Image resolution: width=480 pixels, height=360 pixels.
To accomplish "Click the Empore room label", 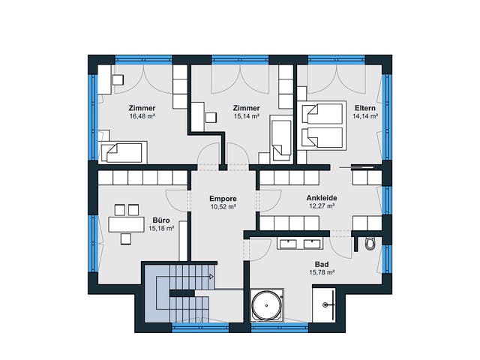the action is click(x=223, y=199).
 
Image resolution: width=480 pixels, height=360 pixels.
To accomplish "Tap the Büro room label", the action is click(x=161, y=220).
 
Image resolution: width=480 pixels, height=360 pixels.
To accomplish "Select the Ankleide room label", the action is click(x=322, y=198).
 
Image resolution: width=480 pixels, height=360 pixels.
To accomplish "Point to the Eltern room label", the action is click(x=365, y=108).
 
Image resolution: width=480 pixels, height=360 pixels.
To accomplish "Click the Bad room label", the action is click(x=322, y=264).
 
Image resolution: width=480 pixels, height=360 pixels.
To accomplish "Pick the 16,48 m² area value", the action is click(x=142, y=116).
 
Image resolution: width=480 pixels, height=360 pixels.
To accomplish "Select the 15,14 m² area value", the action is click(x=247, y=116).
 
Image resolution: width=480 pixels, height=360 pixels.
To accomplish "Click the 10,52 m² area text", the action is click(x=223, y=207).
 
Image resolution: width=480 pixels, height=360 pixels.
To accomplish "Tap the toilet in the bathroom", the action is click(x=370, y=244).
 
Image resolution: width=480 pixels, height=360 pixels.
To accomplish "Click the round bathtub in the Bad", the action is click(x=267, y=305).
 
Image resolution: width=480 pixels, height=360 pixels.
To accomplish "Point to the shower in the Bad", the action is click(x=324, y=304).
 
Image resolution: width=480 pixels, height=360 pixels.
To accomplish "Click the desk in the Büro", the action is click(x=126, y=224).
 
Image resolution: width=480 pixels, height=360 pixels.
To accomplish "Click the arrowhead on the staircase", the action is click(x=211, y=277).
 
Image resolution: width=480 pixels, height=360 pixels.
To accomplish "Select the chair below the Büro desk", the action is click(x=126, y=238).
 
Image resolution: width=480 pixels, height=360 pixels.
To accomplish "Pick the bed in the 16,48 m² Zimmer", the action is click(x=123, y=152).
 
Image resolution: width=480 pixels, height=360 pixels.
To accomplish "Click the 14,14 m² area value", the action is click(x=365, y=116).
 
